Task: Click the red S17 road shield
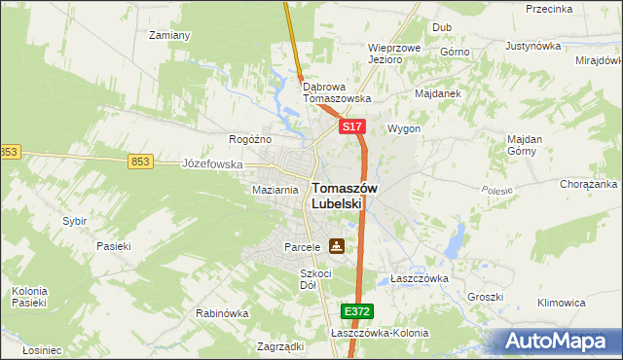(352, 127)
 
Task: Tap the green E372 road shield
(356, 311)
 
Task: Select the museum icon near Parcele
(336, 247)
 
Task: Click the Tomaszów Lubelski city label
(338, 196)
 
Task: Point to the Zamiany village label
(168, 35)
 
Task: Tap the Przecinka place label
(547, 9)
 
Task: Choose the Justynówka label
(534, 46)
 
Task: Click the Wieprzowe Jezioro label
(393, 53)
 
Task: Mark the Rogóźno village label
(249, 139)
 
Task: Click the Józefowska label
(212, 164)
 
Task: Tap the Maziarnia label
(275, 190)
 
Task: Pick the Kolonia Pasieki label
(29, 297)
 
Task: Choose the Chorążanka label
(589, 183)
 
